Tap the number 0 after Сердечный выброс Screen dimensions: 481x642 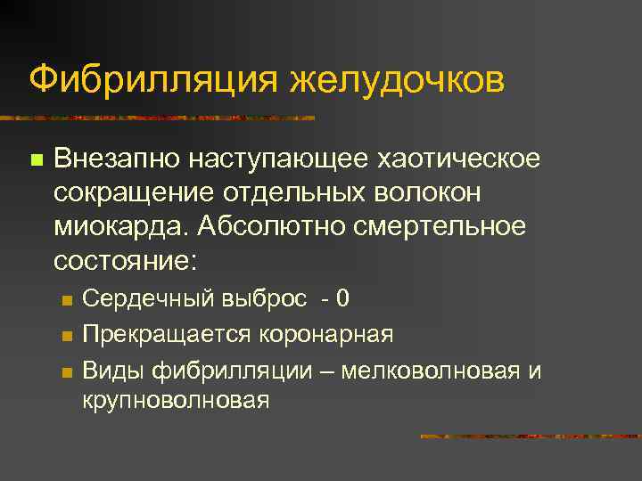(x=342, y=298)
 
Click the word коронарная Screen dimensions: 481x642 (x=326, y=335)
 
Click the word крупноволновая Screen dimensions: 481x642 (x=175, y=400)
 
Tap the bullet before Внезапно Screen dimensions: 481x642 (x=36, y=160)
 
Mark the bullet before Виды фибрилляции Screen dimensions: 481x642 (x=64, y=371)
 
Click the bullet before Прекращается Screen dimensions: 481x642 (x=64, y=336)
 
